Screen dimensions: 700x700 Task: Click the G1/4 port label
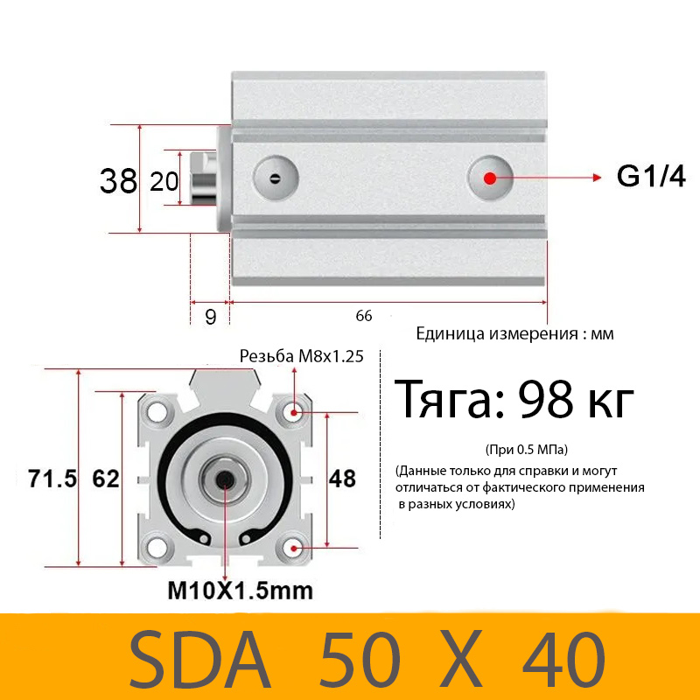coord(650,177)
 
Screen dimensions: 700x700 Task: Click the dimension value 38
coord(119,181)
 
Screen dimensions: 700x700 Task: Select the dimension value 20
coord(164,181)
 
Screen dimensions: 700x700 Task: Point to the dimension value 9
coord(210,316)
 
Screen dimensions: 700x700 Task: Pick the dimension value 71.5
coord(52,479)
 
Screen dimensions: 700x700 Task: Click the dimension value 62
coord(105,479)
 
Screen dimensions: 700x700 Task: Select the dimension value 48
coord(342,478)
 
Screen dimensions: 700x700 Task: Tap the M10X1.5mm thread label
coord(240,591)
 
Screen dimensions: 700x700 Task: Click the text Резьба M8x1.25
coord(301,356)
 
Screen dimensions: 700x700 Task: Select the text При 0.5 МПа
coord(526,450)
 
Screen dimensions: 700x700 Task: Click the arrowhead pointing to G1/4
coord(598,178)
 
